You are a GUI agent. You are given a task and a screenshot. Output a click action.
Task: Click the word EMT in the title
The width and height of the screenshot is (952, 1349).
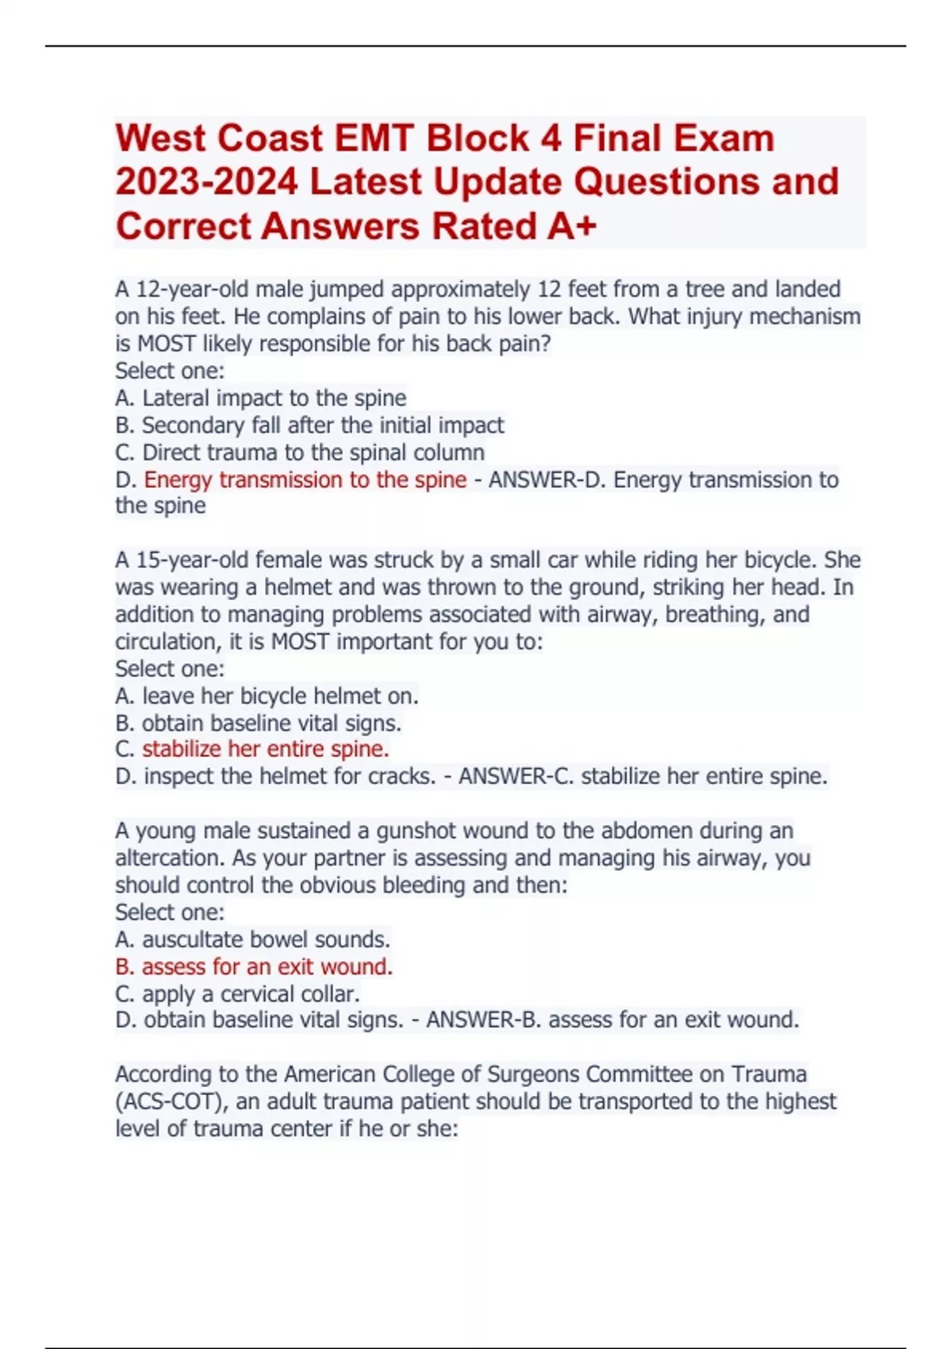tap(374, 139)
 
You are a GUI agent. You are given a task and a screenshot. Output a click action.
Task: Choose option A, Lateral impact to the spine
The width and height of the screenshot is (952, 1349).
tap(261, 398)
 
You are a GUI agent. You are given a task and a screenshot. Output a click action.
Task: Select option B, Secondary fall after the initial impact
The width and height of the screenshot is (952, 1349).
tap(309, 425)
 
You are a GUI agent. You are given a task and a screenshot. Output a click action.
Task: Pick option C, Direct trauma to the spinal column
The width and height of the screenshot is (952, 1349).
tap(300, 452)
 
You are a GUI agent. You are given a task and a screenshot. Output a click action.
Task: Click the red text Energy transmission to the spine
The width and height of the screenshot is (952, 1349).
tap(305, 480)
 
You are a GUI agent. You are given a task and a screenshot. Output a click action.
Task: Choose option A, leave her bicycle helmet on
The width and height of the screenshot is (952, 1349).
tap(267, 696)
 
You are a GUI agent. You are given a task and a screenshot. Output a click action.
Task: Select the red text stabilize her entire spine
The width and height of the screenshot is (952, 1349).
tap(265, 749)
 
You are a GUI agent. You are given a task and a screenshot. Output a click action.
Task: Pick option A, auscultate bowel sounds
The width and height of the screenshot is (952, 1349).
tap(252, 940)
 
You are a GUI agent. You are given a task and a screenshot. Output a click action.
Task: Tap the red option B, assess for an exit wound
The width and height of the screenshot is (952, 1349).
tap(254, 967)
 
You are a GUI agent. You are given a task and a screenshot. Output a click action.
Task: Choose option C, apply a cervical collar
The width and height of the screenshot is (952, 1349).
tap(237, 993)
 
